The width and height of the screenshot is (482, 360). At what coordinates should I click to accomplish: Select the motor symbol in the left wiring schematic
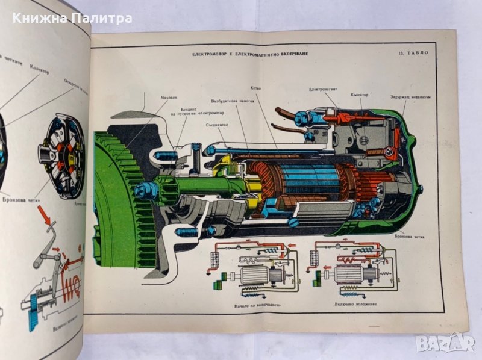[256, 276]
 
